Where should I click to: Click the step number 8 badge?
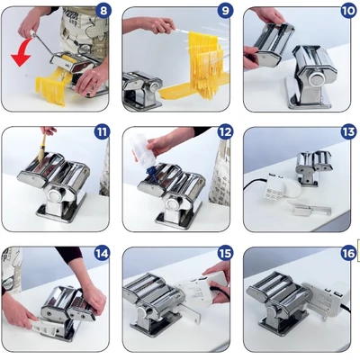tap(103, 11)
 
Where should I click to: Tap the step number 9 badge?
tap(225, 11)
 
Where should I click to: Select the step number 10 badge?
tap(348, 11)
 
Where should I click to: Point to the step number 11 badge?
tap(103, 132)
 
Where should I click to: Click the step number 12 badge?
tap(225, 132)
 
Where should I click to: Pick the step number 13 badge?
tap(348, 132)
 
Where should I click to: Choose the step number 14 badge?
tap(102, 254)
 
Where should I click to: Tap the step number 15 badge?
tap(225, 254)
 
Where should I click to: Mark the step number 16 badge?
tap(348, 254)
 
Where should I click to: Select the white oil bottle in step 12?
tap(143, 150)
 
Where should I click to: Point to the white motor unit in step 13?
tap(278, 187)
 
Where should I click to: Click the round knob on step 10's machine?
tap(316, 79)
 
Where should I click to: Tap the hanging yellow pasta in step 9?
tap(206, 65)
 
